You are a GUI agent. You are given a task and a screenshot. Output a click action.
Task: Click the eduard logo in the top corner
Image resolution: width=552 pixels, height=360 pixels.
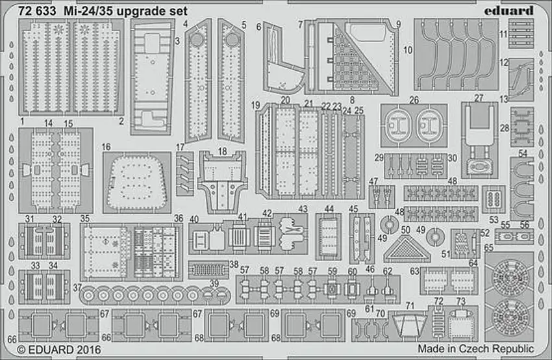coord(509,10)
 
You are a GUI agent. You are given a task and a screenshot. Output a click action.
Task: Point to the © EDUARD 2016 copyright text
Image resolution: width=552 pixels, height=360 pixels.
coord(56,350)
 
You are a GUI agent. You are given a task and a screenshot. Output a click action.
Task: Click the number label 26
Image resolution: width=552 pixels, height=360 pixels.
coord(414,100)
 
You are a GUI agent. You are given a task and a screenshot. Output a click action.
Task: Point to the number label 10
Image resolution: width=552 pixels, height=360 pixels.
coord(407,49)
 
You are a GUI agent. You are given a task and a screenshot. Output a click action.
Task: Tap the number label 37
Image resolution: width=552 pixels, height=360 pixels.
coord(77,287)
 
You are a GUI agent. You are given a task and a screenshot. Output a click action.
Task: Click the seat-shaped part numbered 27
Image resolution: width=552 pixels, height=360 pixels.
coord(479,133)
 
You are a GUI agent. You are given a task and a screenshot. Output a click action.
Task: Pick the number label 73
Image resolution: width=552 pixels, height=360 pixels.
coord(460,301)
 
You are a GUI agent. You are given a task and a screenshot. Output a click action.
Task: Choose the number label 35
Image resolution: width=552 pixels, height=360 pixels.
coord(84,219)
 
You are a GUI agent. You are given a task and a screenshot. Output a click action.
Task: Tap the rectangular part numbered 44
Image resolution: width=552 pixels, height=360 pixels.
coord(329,235)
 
